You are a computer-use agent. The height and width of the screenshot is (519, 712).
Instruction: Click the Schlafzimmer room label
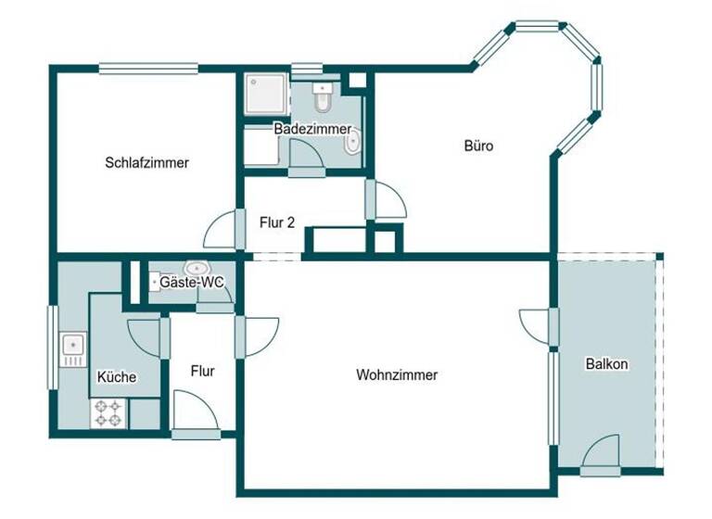coord(147,162)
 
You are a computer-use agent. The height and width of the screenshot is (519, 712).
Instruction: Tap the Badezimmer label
coord(311,129)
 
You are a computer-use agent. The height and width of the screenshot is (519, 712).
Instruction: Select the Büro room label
coord(478,146)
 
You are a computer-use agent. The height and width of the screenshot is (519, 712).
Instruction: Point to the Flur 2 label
coord(277,222)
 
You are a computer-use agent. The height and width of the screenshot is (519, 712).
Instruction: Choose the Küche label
coord(117,377)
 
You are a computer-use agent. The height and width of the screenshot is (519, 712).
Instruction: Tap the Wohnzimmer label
coord(397,375)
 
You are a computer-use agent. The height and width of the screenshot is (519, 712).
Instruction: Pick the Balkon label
coord(607,364)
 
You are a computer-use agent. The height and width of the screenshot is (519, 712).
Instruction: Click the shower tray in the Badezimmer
coord(267,94)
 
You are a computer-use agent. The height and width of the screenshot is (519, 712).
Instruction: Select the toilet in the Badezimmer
coord(322,96)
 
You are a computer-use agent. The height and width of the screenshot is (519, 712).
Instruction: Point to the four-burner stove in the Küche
coord(108,413)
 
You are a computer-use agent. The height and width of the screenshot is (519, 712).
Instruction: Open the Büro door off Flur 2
coord(388,201)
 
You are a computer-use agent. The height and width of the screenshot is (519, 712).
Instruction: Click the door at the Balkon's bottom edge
coord(601,453)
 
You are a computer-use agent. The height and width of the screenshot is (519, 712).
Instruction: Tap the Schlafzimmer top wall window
coord(148,67)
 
